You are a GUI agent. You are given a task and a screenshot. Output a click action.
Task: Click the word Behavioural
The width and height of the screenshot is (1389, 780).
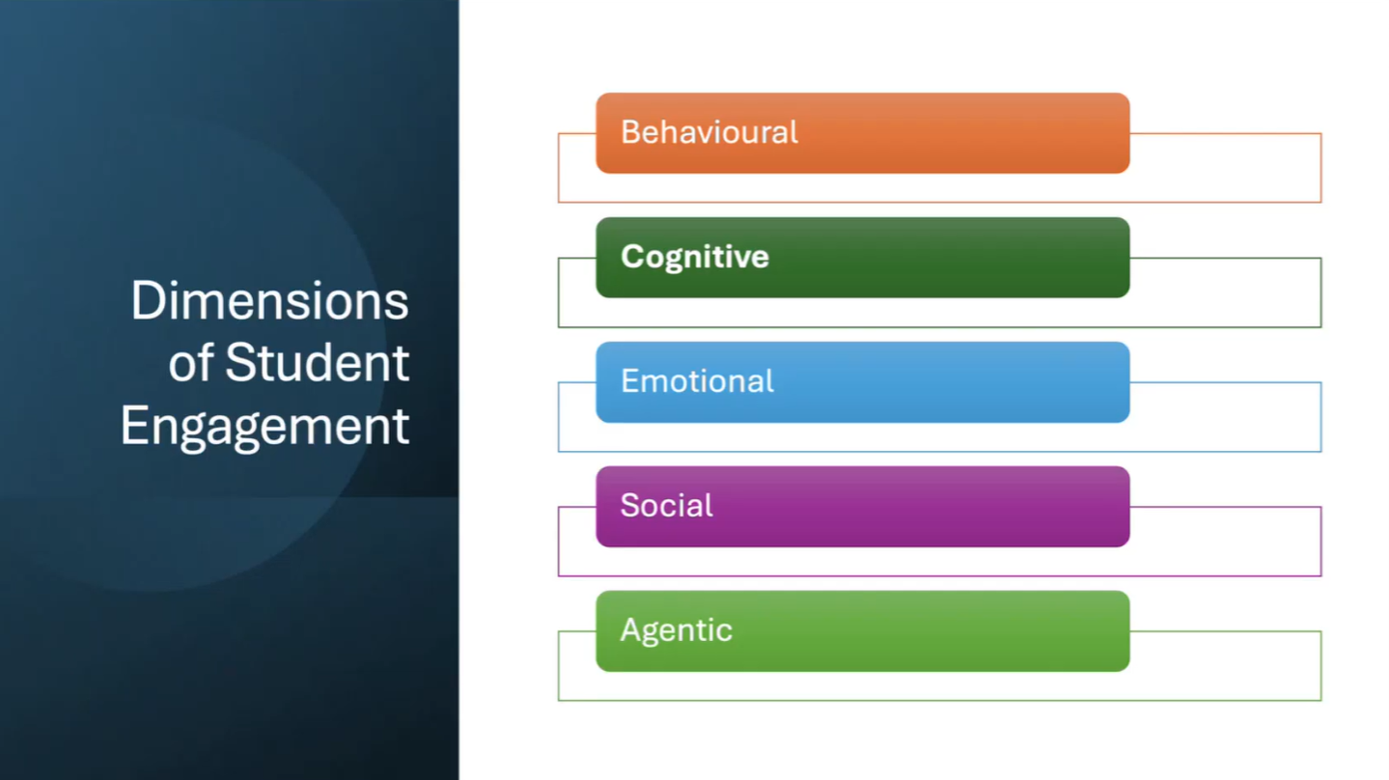click(708, 132)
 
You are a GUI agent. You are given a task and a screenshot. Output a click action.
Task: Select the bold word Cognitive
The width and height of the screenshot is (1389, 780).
click(695, 257)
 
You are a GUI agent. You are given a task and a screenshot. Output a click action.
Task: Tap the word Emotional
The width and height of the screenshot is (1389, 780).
click(697, 380)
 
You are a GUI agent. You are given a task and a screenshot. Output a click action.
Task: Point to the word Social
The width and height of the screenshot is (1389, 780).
click(667, 505)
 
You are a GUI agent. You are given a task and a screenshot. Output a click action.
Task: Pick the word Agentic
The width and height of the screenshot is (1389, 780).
click(676, 631)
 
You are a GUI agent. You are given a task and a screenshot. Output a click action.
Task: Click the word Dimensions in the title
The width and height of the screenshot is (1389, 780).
click(269, 301)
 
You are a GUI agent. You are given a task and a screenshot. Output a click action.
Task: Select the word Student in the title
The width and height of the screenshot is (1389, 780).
click(317, 363)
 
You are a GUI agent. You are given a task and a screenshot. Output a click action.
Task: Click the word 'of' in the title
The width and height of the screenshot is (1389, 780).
click(191, 363)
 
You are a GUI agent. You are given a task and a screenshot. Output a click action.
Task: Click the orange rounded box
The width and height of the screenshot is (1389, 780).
click(863, 132)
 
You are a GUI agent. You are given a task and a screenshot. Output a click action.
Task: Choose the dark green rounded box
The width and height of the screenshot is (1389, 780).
click(863, 258)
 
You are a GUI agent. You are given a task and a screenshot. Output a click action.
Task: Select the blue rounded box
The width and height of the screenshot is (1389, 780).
click(863, 382)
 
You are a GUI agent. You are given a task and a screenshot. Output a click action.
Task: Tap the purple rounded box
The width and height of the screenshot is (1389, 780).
click(863, 507)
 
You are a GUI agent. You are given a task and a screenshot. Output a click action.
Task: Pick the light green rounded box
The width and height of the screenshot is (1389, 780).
click(863, 631)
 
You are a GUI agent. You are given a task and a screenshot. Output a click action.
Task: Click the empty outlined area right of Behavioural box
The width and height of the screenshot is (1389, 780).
click(1226, 167)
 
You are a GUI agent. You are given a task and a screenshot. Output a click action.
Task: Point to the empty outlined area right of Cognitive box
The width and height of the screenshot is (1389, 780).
click(1226, 292)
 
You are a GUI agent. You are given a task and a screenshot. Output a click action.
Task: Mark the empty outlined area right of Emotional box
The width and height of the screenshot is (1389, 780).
click(1226, 417)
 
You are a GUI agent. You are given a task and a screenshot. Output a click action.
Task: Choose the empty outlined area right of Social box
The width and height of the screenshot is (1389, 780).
click(1226, 542)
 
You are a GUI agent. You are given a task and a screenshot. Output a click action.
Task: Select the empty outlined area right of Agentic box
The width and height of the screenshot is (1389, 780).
click(1226, 666)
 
